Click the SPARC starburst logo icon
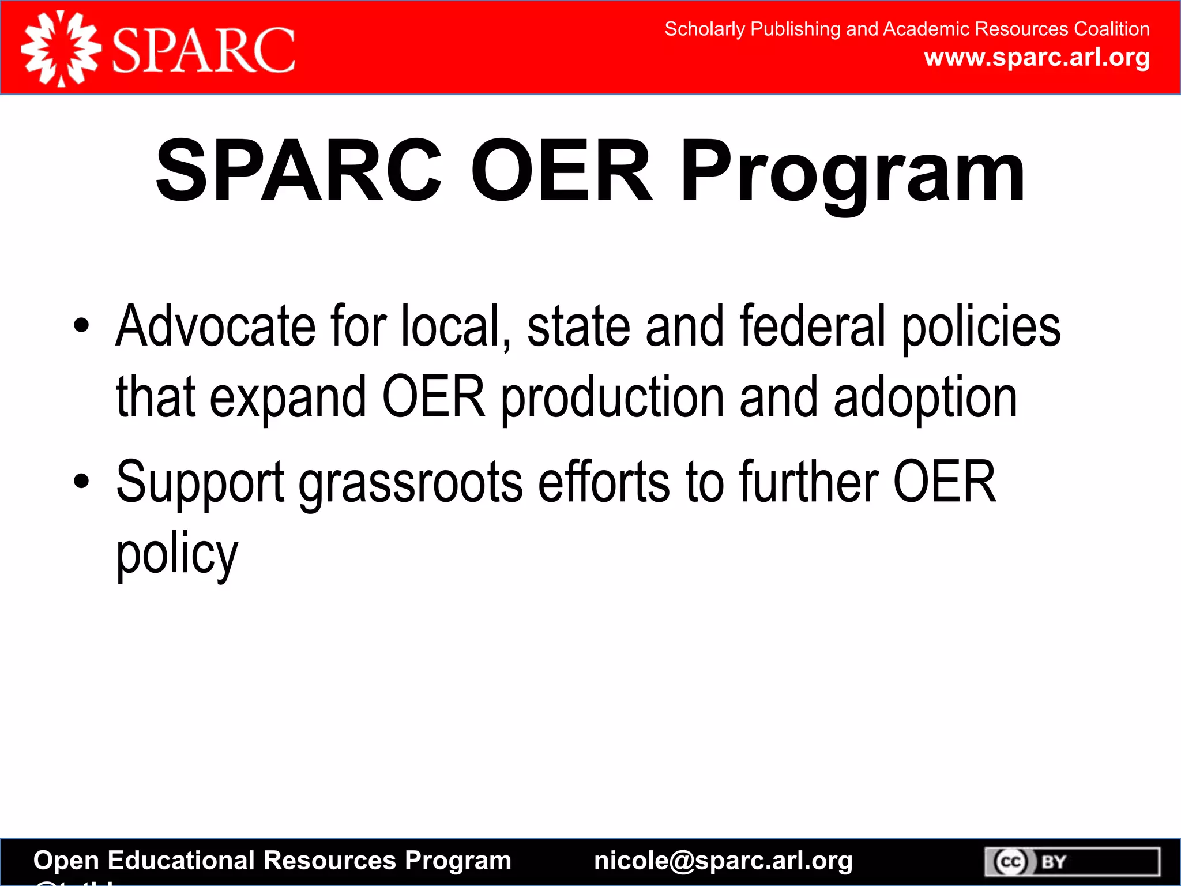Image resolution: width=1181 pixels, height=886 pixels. (61, 49)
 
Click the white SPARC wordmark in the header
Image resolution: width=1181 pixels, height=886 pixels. (204, 50)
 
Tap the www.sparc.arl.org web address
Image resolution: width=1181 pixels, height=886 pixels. (1037, 58)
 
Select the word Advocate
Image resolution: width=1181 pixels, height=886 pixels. (215, 326)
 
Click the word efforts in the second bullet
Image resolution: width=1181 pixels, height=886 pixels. (604, 482)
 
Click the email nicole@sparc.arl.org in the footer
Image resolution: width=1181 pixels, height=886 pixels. (723, 861)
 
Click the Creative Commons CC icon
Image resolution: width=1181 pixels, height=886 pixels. (1011, 862)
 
